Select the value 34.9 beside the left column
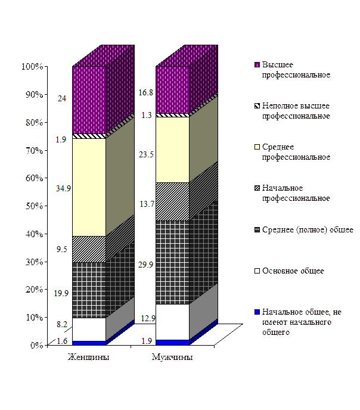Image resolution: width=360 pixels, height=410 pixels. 63,188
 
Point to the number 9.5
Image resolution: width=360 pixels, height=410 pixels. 61,250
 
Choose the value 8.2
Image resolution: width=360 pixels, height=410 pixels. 61,324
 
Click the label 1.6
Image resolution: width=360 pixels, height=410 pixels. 63,340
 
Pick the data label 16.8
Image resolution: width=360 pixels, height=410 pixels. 146,92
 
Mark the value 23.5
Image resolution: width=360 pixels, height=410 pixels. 146,154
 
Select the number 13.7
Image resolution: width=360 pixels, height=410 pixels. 146,204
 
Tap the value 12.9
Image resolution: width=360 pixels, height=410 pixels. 146,319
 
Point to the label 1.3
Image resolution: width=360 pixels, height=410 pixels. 146,115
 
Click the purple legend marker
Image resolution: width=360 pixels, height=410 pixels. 257,65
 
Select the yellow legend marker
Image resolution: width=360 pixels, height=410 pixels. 257,147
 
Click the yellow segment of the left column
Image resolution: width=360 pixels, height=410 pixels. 89,187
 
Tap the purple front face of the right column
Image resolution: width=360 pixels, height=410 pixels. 172,89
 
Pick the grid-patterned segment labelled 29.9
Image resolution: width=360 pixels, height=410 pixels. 172,262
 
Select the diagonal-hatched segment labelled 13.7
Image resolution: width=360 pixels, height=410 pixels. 172,201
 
